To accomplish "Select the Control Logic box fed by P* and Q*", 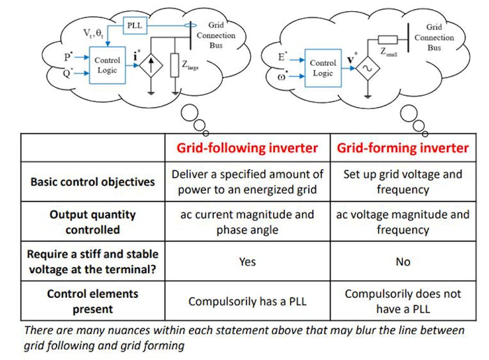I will (x=107, y=65).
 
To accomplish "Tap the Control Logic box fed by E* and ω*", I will (x=322, y=68).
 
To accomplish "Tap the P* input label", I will (x=68, y=57).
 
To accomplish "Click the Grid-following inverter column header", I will (x=247, y=148).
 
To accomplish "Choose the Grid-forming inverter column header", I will (x=403, y=148).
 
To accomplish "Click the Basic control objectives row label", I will (x=93, y=182).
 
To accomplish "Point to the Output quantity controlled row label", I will (x=93, y=221).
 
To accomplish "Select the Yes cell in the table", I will (x=247, y=262).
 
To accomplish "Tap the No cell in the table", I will (x=403, y=262).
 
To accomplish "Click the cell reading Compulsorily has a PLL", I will (x=247, y=301).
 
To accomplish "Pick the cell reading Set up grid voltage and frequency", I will (x=403, y=182).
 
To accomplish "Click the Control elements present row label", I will (x=93, y=301).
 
